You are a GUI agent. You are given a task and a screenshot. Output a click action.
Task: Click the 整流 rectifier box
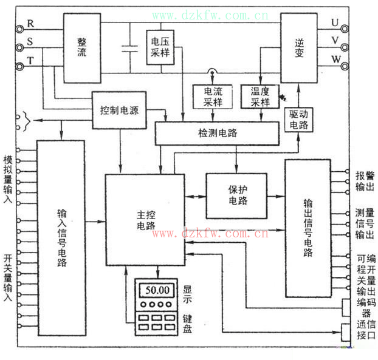tap(82, 48)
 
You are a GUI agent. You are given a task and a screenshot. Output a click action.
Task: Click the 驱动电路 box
tap(299, 118)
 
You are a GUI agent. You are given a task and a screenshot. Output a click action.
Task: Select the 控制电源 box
tap(119, 110)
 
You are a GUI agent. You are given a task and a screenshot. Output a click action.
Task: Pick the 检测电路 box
tap(217, 133)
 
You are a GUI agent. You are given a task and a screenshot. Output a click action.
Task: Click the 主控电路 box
tap(145, 219)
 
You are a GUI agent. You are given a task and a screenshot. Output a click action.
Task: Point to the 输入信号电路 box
tap(61, 238)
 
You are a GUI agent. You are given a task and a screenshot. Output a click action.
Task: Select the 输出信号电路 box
tap(308, 229)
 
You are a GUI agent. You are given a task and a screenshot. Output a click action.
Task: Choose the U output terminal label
tap(335, 22)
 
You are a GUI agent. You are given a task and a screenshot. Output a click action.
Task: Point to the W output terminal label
tap(335, 59)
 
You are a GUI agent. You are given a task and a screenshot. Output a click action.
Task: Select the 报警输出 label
tap(365, 180)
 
